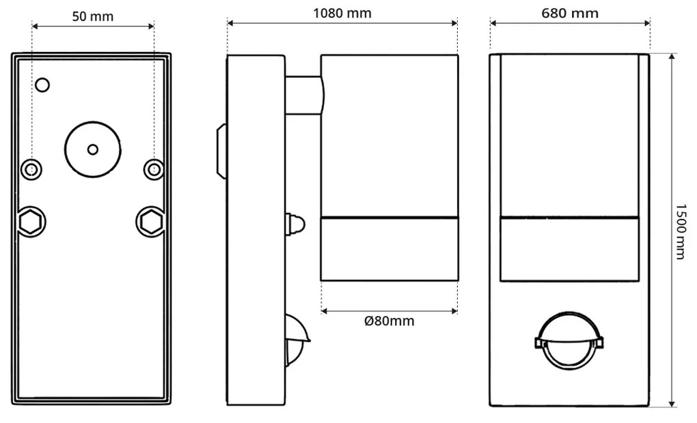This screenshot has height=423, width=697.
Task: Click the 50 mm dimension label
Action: (93, 16)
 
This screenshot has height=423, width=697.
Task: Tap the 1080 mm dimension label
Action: (342, 13)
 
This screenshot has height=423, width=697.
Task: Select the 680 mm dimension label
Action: (569, 13)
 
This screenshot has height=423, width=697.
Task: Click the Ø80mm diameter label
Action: (389, 321)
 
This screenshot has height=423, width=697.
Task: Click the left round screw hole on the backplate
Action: (31, 168)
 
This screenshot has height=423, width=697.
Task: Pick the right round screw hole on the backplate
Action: (154, 168)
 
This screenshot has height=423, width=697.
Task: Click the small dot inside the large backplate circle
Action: (93, 149)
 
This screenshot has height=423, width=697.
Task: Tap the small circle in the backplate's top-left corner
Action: (42, 85)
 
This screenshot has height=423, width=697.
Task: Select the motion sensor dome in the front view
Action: (569, 341)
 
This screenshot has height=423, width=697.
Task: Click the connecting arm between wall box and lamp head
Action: (303, 95)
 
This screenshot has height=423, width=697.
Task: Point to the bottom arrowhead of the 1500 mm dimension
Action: (672, 403)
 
